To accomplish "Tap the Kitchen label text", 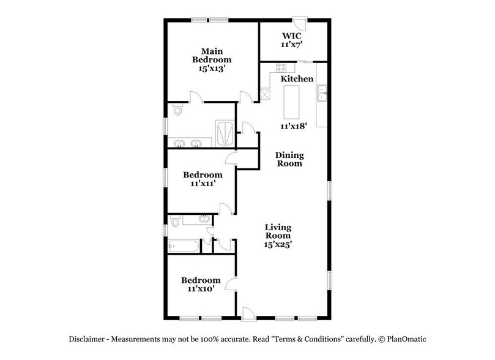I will [x=297, y=79].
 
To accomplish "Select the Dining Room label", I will [x=289, y=159].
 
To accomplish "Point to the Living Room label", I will [x=277, y=231].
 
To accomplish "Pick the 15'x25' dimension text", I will [x=277, y=244].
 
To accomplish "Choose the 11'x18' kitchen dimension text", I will [x=292, y=126].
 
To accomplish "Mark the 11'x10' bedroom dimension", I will [x=199, y=288].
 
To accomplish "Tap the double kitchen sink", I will [x=322, y=96].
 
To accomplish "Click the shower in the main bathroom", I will [x=223, y=132].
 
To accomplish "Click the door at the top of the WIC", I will [x=299, y=24].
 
